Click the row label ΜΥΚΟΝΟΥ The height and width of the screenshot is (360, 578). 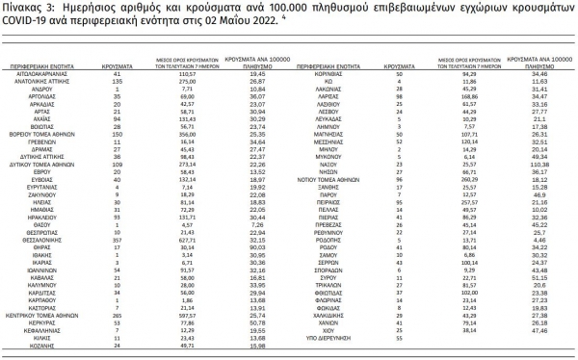pos(331,155)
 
